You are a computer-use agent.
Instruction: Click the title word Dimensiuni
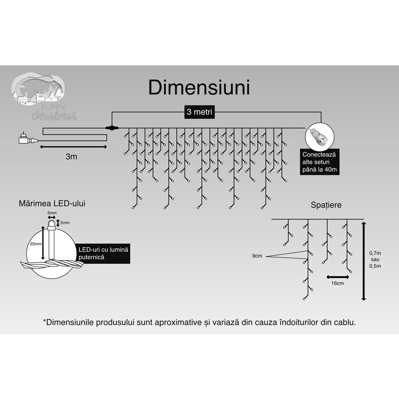tap(199, 87)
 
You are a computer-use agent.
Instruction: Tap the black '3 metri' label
tap(199, 112)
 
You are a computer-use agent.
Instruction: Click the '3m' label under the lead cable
tap(71, 156)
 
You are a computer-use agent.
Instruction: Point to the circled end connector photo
tap(320, 138)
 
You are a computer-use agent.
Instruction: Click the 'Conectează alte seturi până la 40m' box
tap(320, 162)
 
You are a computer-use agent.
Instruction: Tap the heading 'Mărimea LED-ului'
tap(52, 203)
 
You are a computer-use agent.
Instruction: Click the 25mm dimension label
tap(36, 244)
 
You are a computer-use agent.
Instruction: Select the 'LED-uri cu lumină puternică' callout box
tap(103, 254)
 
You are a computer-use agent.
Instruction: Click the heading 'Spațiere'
tap(326, 205)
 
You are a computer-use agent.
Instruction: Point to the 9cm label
tap(257, 256)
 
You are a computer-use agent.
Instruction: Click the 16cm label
tap(337, 283)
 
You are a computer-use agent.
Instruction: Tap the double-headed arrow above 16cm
tap(338, 277)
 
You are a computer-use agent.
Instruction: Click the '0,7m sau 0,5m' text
tap(375, 260)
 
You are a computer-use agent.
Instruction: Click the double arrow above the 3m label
tap(73, 147)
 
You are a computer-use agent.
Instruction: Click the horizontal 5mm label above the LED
tap(52, 213)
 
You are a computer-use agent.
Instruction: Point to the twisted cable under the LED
tap(52, 264)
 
